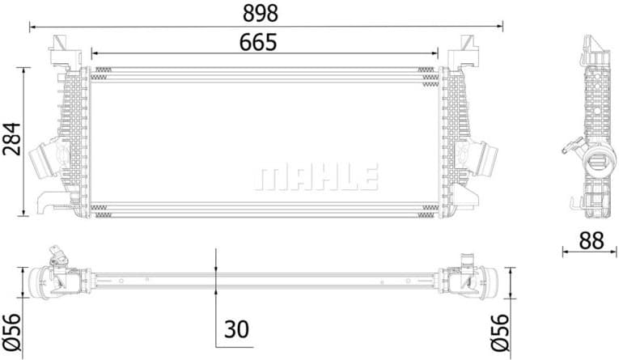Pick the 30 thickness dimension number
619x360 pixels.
pyautogui.click(x=235, y=329)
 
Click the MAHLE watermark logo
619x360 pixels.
pyautogui.click(x=316, y=176)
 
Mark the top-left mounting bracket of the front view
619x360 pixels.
pyautogui.click(x=61, y=49)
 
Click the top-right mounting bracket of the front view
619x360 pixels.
pyautogui.click(x=468, y=49)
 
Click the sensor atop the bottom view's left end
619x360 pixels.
pyautogui.click(x=57, y=257)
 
